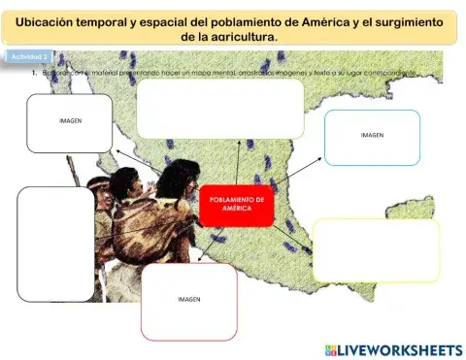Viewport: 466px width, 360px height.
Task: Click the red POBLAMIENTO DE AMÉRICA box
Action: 237,205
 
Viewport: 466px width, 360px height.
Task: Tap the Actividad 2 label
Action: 29,57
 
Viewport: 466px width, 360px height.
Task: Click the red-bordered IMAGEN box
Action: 188,301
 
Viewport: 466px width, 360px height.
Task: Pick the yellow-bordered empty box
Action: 376,250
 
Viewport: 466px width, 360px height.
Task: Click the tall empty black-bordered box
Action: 55,243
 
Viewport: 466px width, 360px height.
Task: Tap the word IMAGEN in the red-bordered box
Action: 188,301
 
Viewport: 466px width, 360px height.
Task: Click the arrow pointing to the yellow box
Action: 293,233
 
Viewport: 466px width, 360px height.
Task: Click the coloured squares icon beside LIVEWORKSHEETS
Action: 330,348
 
